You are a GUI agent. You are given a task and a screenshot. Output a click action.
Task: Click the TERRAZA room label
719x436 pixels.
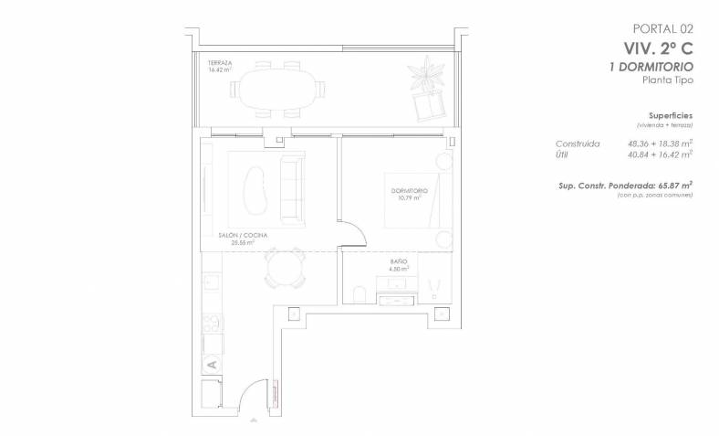coord(220,63)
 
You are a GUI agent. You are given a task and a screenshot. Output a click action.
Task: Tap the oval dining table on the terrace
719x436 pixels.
coord(278,90)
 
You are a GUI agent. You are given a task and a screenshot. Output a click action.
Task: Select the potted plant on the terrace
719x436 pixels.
coord(427,71)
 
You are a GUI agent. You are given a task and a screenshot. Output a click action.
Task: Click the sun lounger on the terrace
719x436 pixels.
coord(430,104)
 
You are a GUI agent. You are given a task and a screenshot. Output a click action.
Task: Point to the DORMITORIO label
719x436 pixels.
coord(409,191)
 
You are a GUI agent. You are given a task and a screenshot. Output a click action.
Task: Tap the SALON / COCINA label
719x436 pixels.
coord(243,235)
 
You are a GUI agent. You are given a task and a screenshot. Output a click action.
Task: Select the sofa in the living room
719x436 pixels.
coord(292,190)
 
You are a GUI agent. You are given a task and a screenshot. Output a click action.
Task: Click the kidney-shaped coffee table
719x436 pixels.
coord(255,188)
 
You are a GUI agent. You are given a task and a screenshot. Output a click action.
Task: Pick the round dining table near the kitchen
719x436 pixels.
coord(285,269)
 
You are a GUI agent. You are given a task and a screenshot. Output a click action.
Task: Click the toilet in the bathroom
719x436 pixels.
coord(359,294)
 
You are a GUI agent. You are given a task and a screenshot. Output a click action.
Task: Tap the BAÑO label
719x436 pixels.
coord(399,261)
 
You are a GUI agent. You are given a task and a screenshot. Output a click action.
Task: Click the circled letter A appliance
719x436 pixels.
coord(212,365)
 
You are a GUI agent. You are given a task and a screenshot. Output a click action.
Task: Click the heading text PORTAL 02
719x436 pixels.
coord(663,29)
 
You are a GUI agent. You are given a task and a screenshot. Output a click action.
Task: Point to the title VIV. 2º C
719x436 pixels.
coord(659,48)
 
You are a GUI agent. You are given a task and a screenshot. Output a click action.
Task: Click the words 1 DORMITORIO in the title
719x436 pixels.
coord(651,67)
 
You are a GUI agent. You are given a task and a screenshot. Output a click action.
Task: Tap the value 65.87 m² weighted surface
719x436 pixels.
coord(675,186)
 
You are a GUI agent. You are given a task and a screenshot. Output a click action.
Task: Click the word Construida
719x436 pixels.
coord(578,144)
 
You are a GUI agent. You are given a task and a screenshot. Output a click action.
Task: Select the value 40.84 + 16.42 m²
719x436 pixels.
coord(660,154)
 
